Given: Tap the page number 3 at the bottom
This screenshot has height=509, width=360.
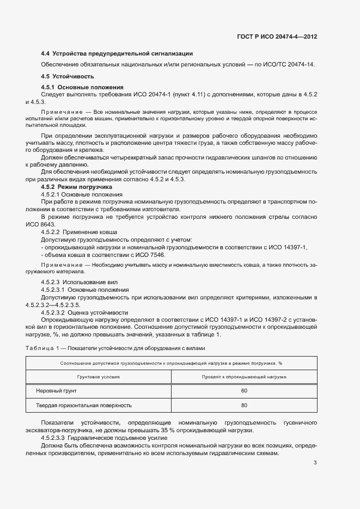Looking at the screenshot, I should (x=315, y=463).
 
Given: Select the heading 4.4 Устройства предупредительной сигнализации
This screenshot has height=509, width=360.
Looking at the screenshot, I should (x=117, y=54).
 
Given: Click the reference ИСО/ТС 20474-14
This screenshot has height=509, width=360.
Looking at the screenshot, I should (x=289, y=65).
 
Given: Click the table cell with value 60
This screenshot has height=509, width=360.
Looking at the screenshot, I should (x=244, y=391).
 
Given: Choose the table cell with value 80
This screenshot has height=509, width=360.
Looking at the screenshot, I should (x=244, y=406).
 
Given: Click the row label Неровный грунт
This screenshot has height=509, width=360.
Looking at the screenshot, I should (x=56, y=391).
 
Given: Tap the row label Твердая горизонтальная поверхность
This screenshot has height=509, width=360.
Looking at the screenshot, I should (x=83, y=406).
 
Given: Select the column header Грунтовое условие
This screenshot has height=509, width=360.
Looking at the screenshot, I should (x=98, y=377).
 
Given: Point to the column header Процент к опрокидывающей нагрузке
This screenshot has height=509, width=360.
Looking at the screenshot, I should (x=244, y=377).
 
